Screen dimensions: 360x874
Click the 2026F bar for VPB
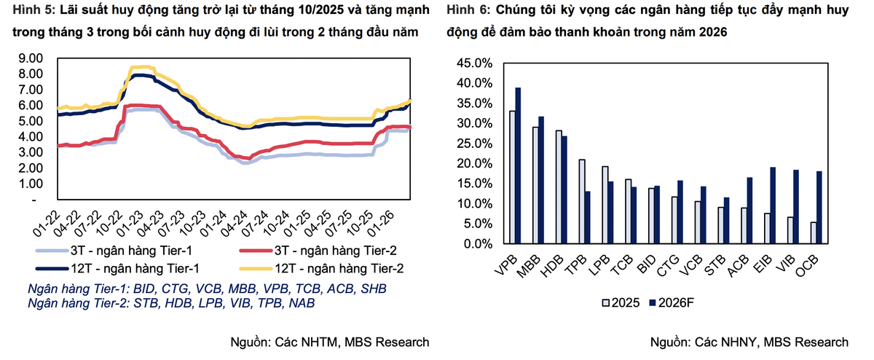[519, 166]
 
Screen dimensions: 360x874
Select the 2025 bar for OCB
[814, 233]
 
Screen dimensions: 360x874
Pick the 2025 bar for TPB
[582, 202]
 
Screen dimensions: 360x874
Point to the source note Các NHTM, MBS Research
[353, 342]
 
